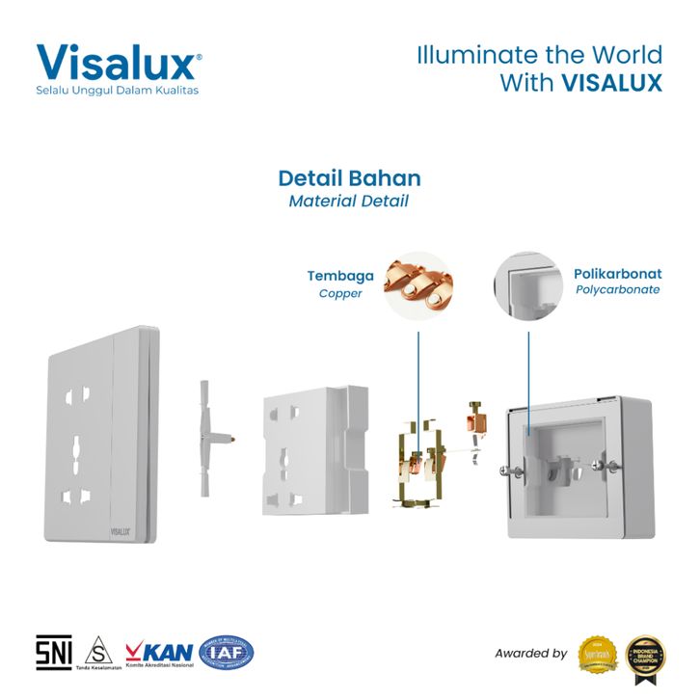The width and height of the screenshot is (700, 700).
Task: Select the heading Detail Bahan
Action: click(349, 178)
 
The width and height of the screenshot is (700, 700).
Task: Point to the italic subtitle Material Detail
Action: click(349, 202)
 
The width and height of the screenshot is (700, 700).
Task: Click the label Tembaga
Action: click(340, 276)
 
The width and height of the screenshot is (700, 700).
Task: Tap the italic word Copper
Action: click(340, 293)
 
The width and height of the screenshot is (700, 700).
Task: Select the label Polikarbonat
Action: click(617, 274)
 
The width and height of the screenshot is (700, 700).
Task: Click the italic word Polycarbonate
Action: click(617, 290)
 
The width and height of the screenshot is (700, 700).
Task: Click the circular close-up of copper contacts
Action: click(417, 286)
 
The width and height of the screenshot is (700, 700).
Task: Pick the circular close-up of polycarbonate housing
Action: click(527, 286)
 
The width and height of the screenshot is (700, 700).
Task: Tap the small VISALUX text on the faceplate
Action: click(119, 529)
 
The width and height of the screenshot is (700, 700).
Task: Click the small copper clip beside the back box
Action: click(474, 417)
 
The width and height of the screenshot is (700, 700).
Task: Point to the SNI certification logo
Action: click(54, 653)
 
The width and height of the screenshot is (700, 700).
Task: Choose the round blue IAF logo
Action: click(227, 653)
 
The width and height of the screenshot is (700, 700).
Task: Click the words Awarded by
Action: click(530, 654)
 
